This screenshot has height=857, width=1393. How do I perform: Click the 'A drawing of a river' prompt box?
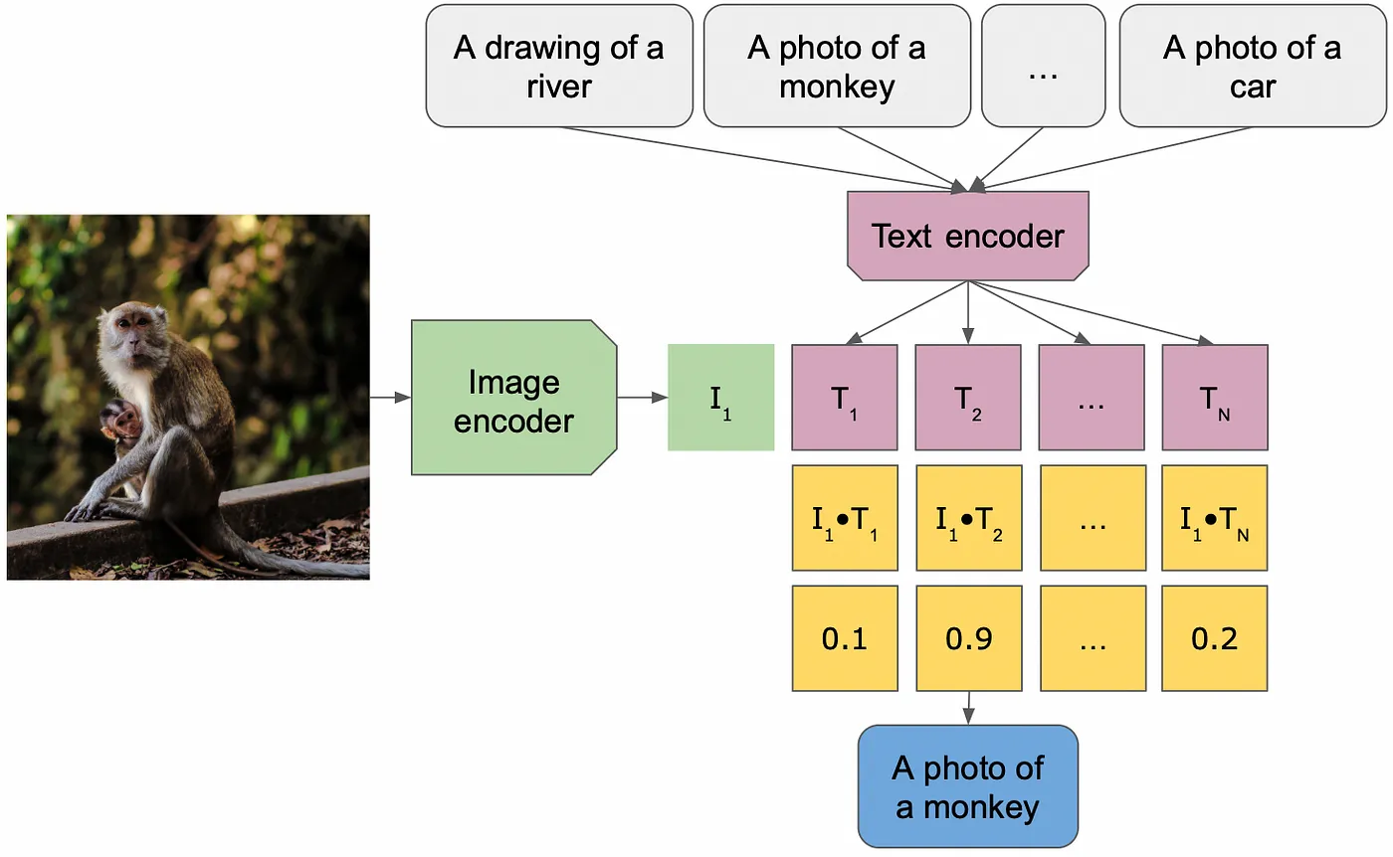coord(559,66)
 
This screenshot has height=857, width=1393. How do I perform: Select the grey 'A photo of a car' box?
coord(1253,66)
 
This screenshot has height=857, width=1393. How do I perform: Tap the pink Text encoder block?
coord(967,237)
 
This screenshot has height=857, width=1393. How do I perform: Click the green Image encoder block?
coord(513,398)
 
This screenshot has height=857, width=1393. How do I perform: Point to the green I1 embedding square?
coord(720,398)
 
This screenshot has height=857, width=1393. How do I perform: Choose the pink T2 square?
coord(967,398)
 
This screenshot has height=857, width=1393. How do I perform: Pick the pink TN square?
coord(1215,398)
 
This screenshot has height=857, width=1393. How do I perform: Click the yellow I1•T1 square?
coord(845,518)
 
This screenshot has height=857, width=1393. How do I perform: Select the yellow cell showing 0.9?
coord(969,638)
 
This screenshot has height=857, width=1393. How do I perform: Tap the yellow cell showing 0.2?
coord(1215,638)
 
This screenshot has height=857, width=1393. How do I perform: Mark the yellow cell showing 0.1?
coord(845,638)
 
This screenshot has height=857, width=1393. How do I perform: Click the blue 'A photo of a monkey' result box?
coord(967,786)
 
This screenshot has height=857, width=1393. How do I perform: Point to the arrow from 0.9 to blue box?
coord(968,708)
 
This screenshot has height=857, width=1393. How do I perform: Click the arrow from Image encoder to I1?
coord(643,397)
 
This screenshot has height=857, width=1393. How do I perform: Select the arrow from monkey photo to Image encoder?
coord(390,397)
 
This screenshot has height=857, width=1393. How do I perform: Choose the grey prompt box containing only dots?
coord(1043,66)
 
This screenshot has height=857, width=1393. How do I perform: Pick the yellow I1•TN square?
coord(1215,518)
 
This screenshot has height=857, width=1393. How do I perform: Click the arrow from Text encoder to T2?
coord(967,312)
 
